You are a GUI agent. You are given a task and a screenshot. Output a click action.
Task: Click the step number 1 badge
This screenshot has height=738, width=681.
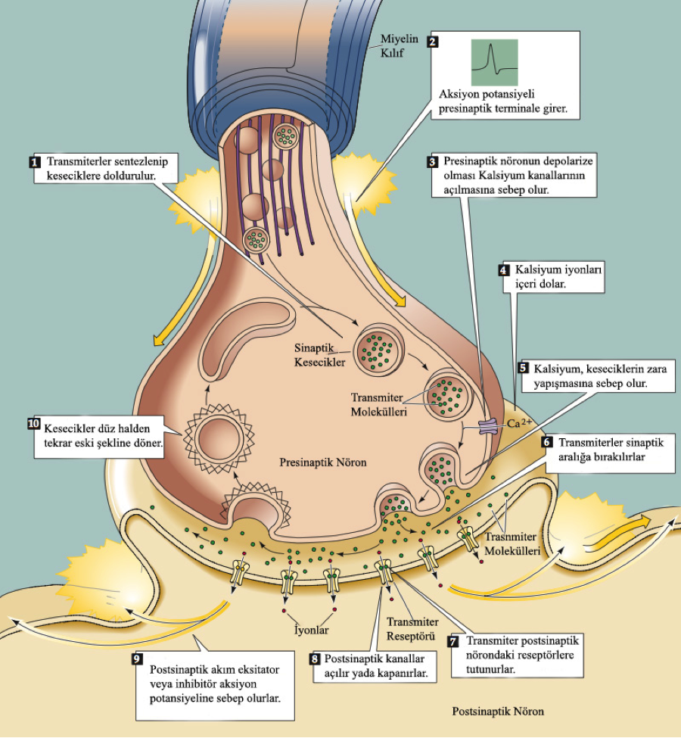point(34,162)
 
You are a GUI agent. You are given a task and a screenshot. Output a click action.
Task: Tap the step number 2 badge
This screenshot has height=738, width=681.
point(432,42)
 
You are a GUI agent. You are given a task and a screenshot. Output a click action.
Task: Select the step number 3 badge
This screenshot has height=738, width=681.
point(433,162)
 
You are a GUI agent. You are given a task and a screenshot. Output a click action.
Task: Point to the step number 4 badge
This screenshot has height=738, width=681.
point(504,269)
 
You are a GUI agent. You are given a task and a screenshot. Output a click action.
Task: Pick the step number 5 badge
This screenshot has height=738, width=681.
point(523,367)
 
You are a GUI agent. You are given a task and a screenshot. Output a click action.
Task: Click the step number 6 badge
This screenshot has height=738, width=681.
point(548,442)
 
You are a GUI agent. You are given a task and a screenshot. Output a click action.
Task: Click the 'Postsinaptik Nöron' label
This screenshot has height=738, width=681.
point(497,712)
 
